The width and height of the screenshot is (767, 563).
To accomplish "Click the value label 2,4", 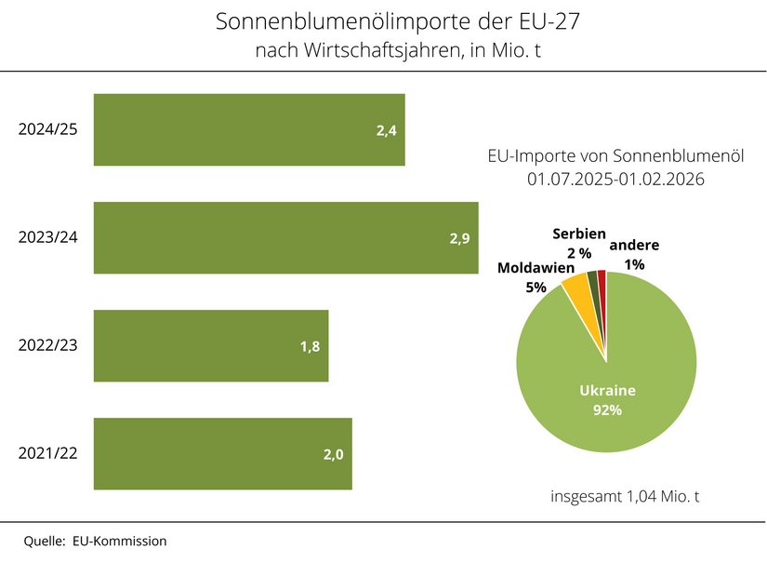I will point(387,130).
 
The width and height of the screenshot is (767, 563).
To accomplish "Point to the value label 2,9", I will point(459,238).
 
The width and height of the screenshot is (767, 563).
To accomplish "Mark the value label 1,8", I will point(311,346).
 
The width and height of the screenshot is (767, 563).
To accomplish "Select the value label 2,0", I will point(334,454).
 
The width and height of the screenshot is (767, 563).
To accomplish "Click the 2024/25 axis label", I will point(47,128).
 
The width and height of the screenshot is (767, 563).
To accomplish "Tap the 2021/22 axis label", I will point(47,453).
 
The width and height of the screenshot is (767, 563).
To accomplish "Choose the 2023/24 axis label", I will point(47,237).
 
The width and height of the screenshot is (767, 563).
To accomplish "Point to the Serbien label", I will point(578,235).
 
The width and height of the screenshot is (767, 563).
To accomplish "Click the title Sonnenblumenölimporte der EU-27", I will point(384,20).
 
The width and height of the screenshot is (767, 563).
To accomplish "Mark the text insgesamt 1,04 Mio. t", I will point(625,496).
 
